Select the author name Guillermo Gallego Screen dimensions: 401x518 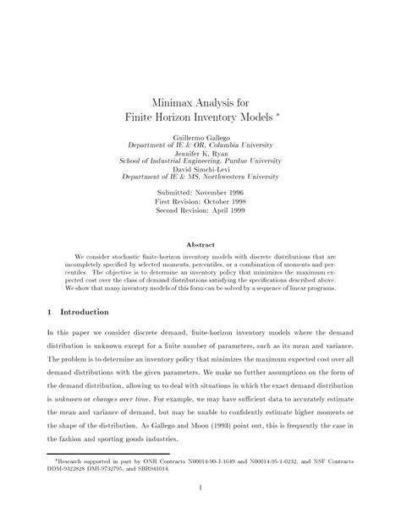pyautogui.click(x=200, y=135)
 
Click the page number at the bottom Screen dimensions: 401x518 pyautogui.click(x=200, y=510)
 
